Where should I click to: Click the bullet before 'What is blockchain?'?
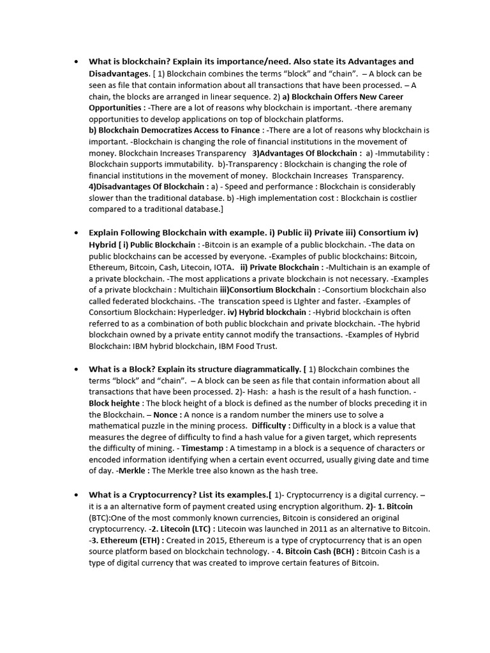(76, 62)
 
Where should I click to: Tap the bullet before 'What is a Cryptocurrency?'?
(76, 494)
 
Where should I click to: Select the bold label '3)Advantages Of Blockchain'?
(305, 153)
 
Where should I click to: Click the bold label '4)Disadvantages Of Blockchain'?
(148, 186)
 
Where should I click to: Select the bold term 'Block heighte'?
(115, 403)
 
